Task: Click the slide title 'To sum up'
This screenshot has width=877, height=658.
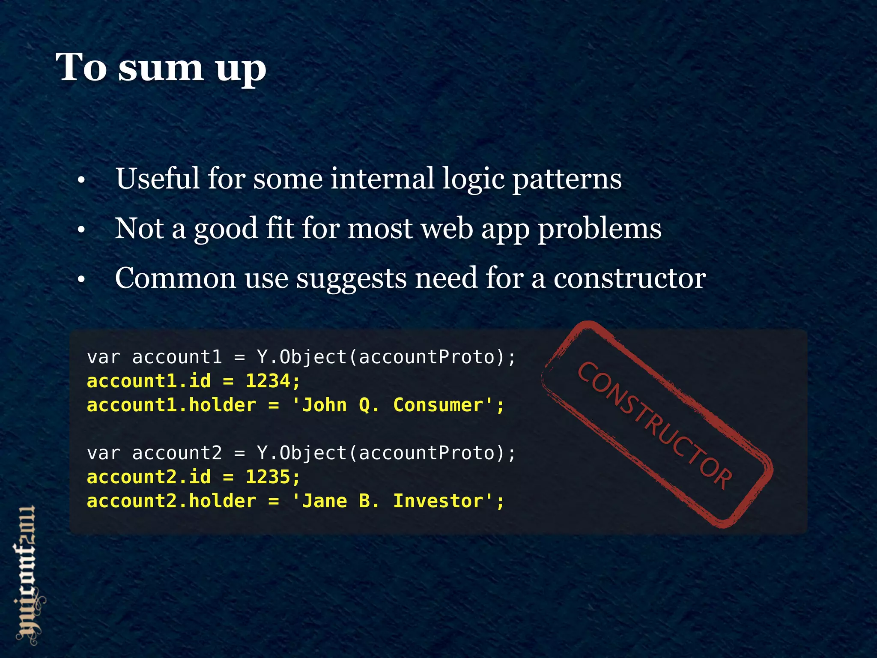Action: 161,68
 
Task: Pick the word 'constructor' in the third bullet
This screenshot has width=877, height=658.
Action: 629,278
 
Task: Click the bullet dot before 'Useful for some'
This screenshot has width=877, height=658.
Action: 81,180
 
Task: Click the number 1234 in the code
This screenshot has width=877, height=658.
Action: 268,381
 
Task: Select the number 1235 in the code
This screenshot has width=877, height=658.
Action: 268,477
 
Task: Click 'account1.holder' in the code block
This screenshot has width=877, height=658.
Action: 171,405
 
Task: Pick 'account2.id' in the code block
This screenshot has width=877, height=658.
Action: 149,477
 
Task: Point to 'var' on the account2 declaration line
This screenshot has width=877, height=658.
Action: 103,453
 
